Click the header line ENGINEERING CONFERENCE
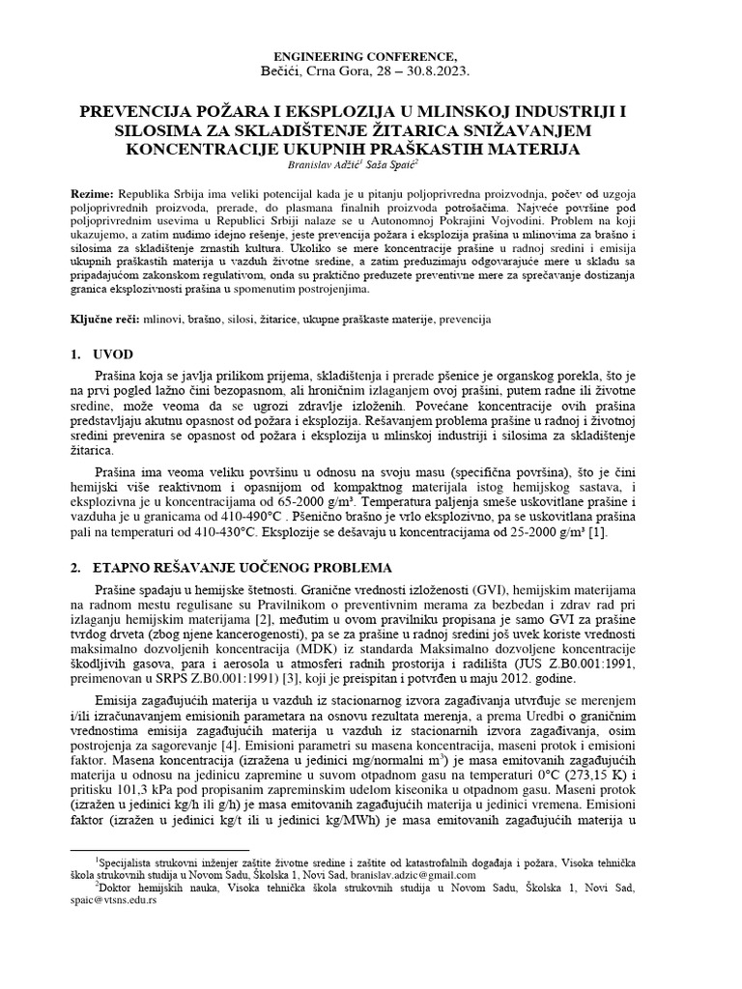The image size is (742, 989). point(371,58)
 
